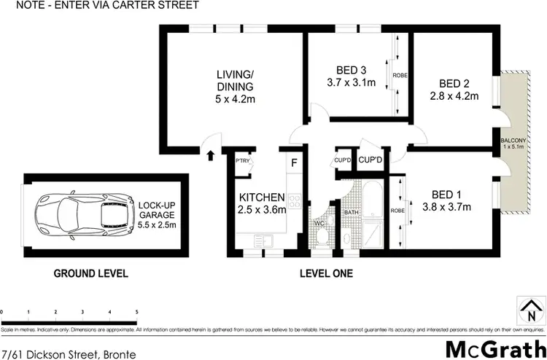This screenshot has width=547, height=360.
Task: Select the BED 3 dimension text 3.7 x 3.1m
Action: point(351,82)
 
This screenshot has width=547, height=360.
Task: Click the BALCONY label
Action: point(510,141)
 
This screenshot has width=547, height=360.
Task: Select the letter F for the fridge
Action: point(295,162)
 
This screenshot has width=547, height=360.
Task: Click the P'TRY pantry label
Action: point(242,162)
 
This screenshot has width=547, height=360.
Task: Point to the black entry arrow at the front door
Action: point(210,154)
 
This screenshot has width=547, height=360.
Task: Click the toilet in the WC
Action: point(319,233)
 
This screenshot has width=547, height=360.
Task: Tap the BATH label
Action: point(351,212)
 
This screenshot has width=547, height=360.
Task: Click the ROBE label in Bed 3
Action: point(399,75)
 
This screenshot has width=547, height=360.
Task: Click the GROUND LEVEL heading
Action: point(92,274)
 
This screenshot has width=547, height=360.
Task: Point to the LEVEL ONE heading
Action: point(327,274)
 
